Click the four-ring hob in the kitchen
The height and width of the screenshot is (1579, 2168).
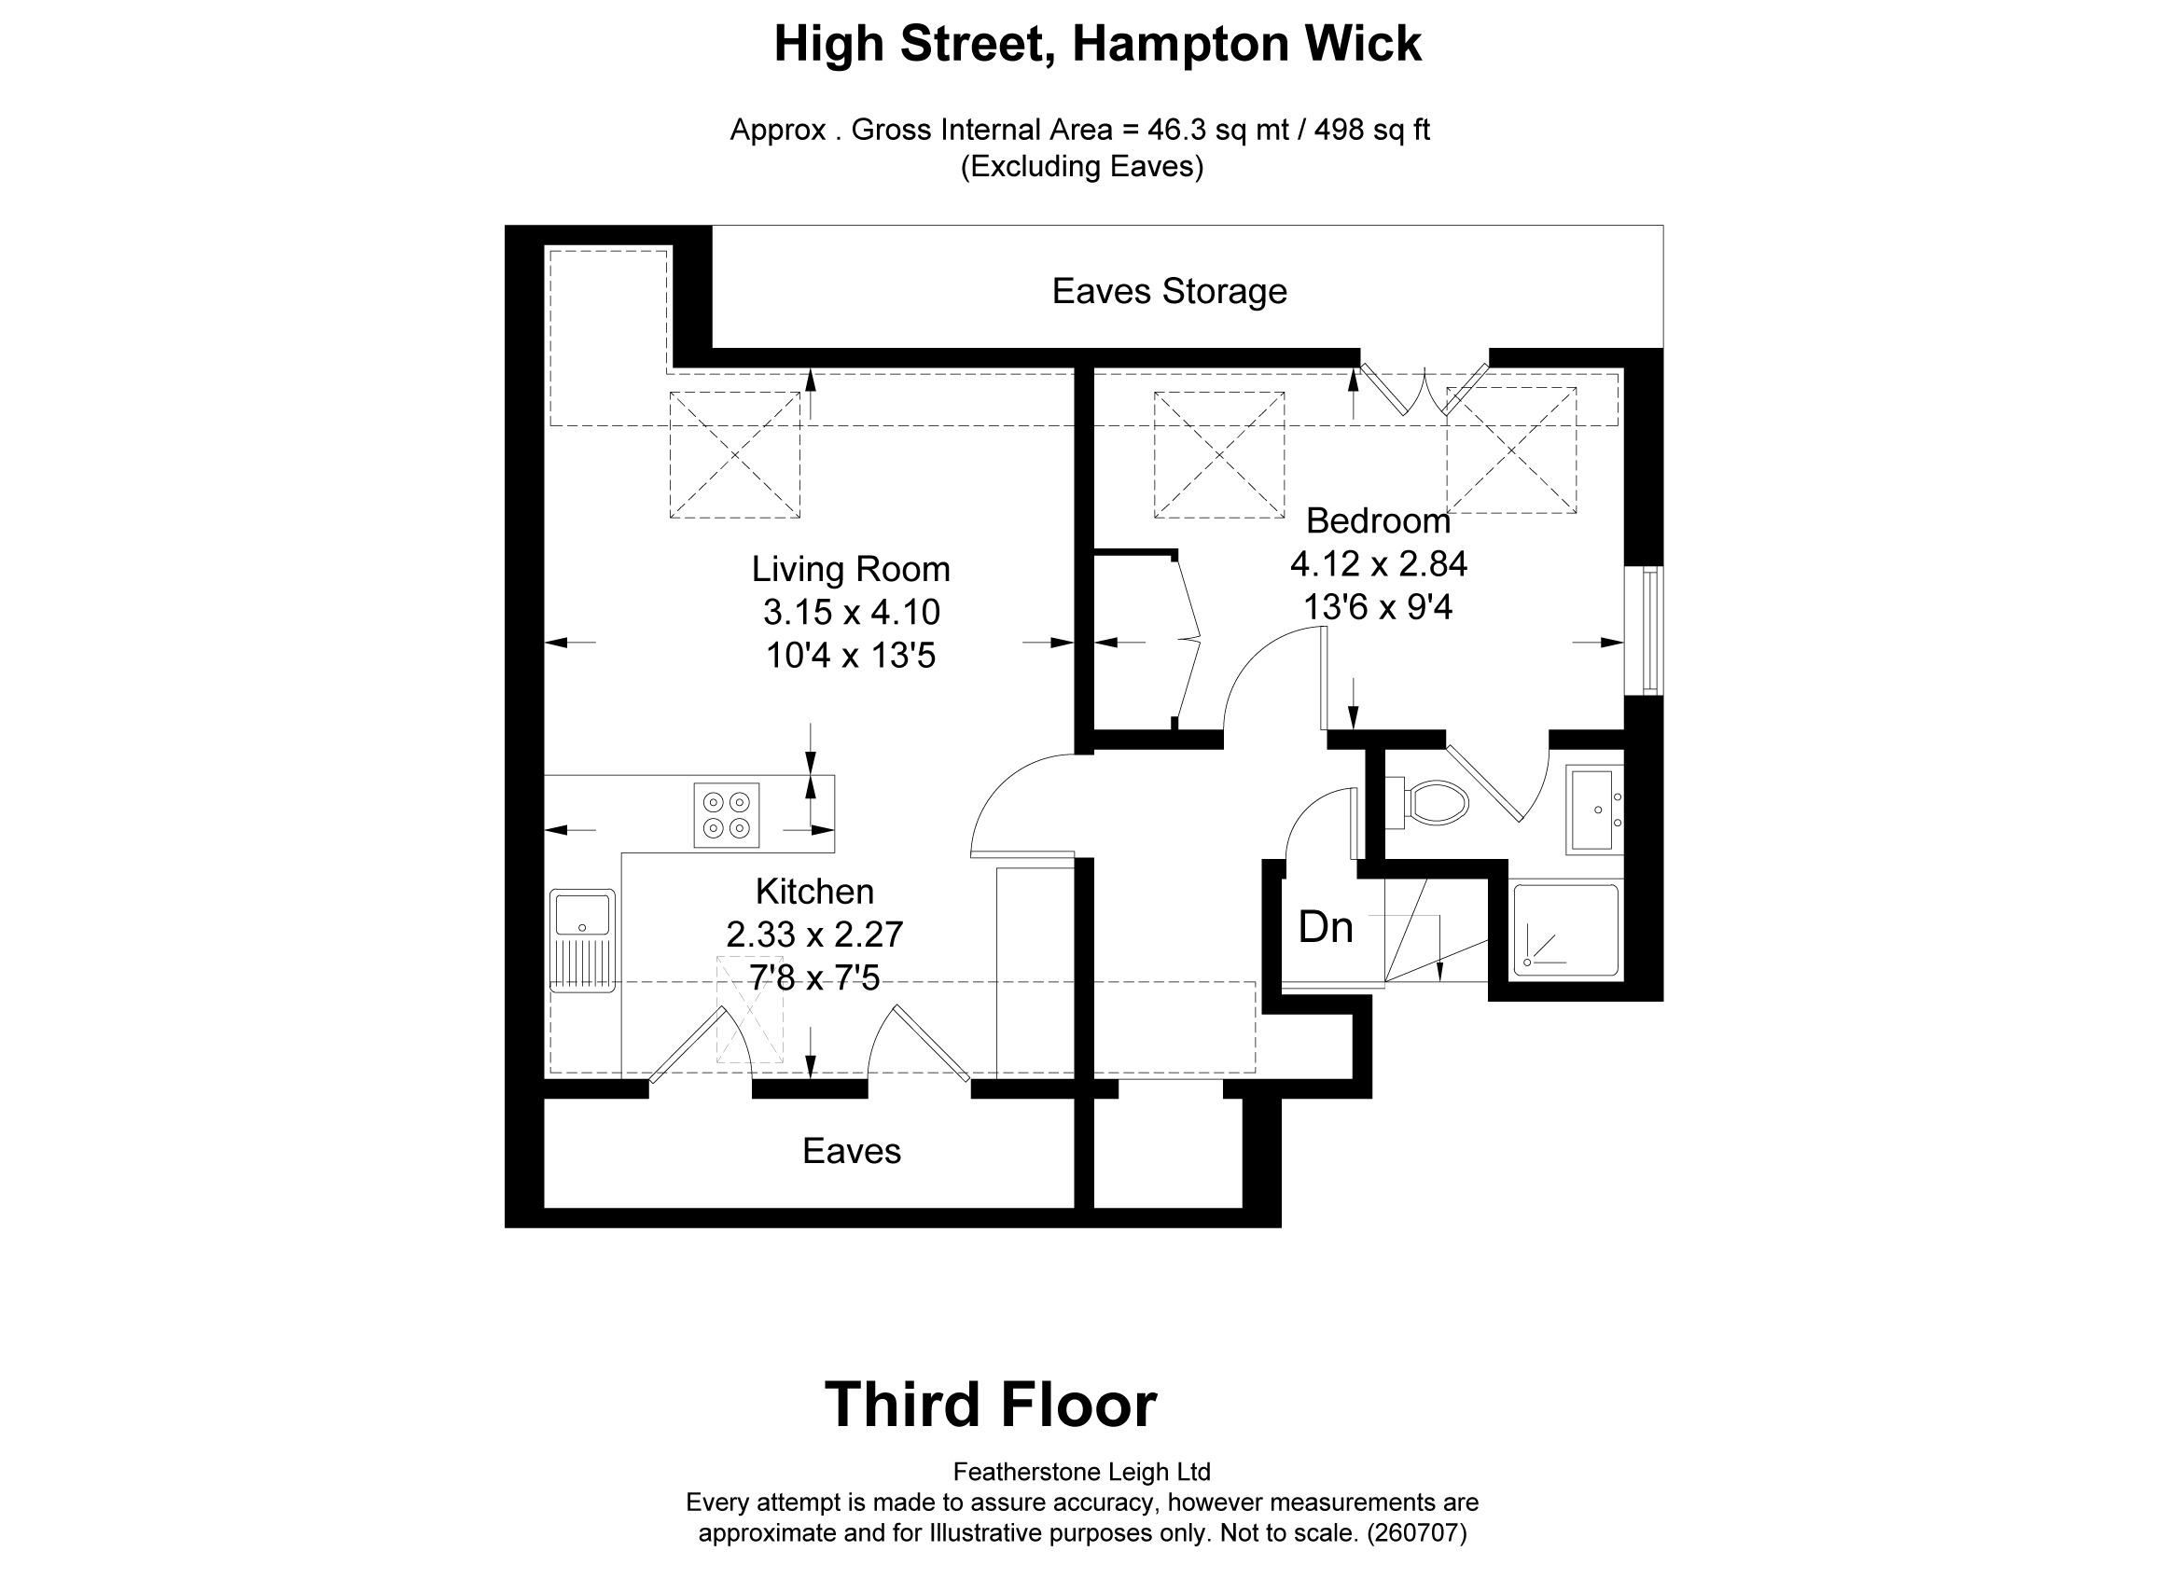727,815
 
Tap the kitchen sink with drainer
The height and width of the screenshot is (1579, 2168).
582,940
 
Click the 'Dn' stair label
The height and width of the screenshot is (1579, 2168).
1325,928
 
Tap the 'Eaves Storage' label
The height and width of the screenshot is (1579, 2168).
1169,292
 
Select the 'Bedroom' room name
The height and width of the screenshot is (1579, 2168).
1378,521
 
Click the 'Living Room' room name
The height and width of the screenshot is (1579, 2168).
851,570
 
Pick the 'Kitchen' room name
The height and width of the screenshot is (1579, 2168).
814,892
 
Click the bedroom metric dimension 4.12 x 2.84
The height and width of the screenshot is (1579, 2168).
1379,564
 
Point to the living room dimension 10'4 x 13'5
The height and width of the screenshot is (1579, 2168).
851,656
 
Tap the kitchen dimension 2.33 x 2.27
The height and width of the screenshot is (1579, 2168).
814,934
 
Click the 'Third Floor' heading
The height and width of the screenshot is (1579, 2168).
991,1405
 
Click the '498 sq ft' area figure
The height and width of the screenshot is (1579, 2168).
1371,130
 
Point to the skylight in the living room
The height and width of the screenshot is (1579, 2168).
734,455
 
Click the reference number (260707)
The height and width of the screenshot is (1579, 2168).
1417,1534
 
